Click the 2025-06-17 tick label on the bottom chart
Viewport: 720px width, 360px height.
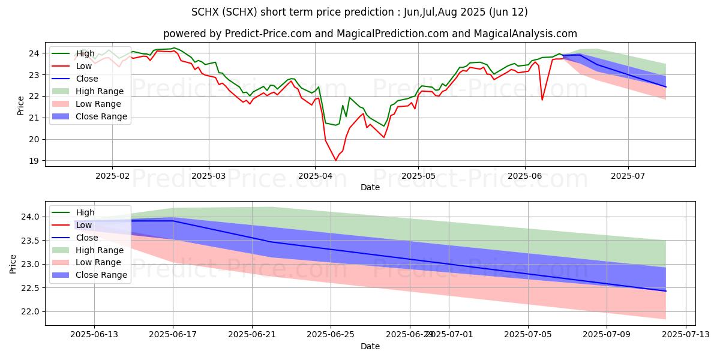[173, 335]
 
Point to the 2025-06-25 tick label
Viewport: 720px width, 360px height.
[331, 335]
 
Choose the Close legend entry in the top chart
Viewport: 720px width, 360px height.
[87, 79]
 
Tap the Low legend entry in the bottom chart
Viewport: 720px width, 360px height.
[84, 225]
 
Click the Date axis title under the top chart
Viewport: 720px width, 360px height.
[370, 187]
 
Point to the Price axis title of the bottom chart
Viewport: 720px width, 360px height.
[13, 264]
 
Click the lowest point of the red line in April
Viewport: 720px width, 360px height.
[335, 160]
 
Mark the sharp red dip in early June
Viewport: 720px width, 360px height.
[542, 100]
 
